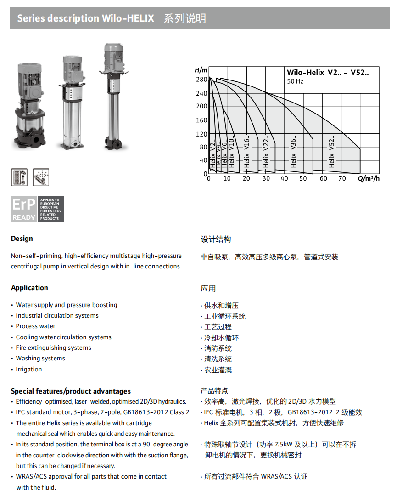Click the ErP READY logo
coord(37,210)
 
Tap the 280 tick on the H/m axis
coord(201,80)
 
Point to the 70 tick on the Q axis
coord(342,178)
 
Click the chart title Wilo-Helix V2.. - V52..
coord(327,72)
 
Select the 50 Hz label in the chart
coord(295,81)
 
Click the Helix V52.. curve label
coord(332,150)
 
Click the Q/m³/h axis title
coord(369,178)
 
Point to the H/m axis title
coord(201,70)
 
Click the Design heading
coord(22,239)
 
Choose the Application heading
coord(29,288)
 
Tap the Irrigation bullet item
coord(28,369)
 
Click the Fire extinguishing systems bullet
coord(53,348)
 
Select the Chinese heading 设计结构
coord(216,240)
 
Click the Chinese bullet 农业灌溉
coord(218,370)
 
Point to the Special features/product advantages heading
coord(71,391)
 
